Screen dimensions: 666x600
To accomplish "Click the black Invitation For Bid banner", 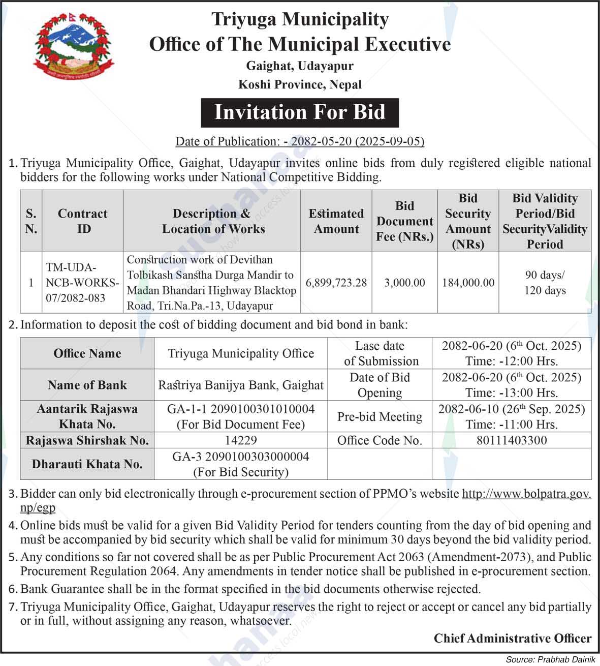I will click(300, 112).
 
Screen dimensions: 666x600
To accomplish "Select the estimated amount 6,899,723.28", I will click(336, 283).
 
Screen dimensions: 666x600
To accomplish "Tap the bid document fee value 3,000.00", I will click(404, 283).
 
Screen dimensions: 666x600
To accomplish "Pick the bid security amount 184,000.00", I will click(468, 283).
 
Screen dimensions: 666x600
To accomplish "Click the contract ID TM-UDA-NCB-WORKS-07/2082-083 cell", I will click(82, 283).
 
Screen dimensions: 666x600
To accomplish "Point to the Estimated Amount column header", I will click(336, 221).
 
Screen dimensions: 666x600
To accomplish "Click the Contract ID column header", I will click(82, 221).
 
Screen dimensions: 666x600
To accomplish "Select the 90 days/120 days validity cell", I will click(545, 283).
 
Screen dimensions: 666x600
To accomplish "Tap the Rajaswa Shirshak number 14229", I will click(240, 440).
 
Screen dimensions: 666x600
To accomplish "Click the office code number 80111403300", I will click(512, 440).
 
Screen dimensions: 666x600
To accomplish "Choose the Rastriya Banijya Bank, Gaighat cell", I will click(240, 385).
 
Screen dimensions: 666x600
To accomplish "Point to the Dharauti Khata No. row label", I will click(87, 464).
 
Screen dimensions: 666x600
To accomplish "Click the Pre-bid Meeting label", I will click(380, 417).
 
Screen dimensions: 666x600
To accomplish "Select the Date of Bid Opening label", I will click(380, 385).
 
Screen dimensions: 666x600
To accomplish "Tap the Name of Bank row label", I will click(87, 385).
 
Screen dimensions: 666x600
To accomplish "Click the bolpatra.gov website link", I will click(526, 494).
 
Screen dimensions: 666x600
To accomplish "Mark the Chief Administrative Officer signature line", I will click(512, 639).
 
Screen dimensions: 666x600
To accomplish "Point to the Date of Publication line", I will click(300, 141).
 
